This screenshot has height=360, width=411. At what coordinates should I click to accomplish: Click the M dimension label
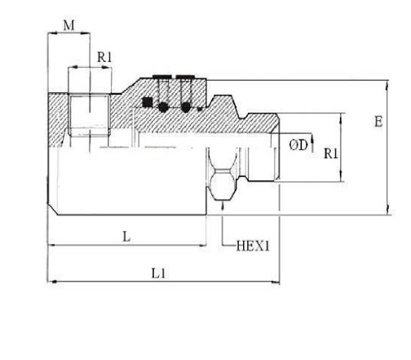coord(68,25)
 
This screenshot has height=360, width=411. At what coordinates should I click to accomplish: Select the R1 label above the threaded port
coord(104,57)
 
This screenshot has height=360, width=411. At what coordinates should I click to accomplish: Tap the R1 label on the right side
coord(331,154)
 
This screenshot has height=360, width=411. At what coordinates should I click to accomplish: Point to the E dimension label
coord(378,122)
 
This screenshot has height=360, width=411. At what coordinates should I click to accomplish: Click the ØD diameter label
coord(298,145)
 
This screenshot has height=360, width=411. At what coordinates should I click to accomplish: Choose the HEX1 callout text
coord(253,246)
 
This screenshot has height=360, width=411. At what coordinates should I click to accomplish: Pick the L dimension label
coord(126,237)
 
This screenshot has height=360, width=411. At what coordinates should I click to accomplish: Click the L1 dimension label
coord(158,273)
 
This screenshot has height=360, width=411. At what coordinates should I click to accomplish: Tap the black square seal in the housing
coord(148,102)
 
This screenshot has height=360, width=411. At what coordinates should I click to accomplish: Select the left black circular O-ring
coord(163,107)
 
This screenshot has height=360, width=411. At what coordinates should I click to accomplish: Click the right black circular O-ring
coord(186,107)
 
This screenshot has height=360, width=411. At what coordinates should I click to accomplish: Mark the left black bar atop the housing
coord(162,77)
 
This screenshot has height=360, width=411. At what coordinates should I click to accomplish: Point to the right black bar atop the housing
coord(185,77)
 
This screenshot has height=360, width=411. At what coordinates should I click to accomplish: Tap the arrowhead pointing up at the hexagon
coord(223,205)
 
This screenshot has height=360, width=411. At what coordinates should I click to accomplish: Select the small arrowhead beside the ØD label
coord(312,140)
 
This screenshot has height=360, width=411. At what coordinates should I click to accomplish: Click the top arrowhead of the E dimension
coord(387,86)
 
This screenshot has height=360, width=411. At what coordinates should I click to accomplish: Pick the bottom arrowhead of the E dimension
coord(387,211)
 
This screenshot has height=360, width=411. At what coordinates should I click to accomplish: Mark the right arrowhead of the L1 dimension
coord(275,282)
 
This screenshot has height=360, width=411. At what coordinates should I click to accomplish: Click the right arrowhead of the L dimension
coord(202,246)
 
